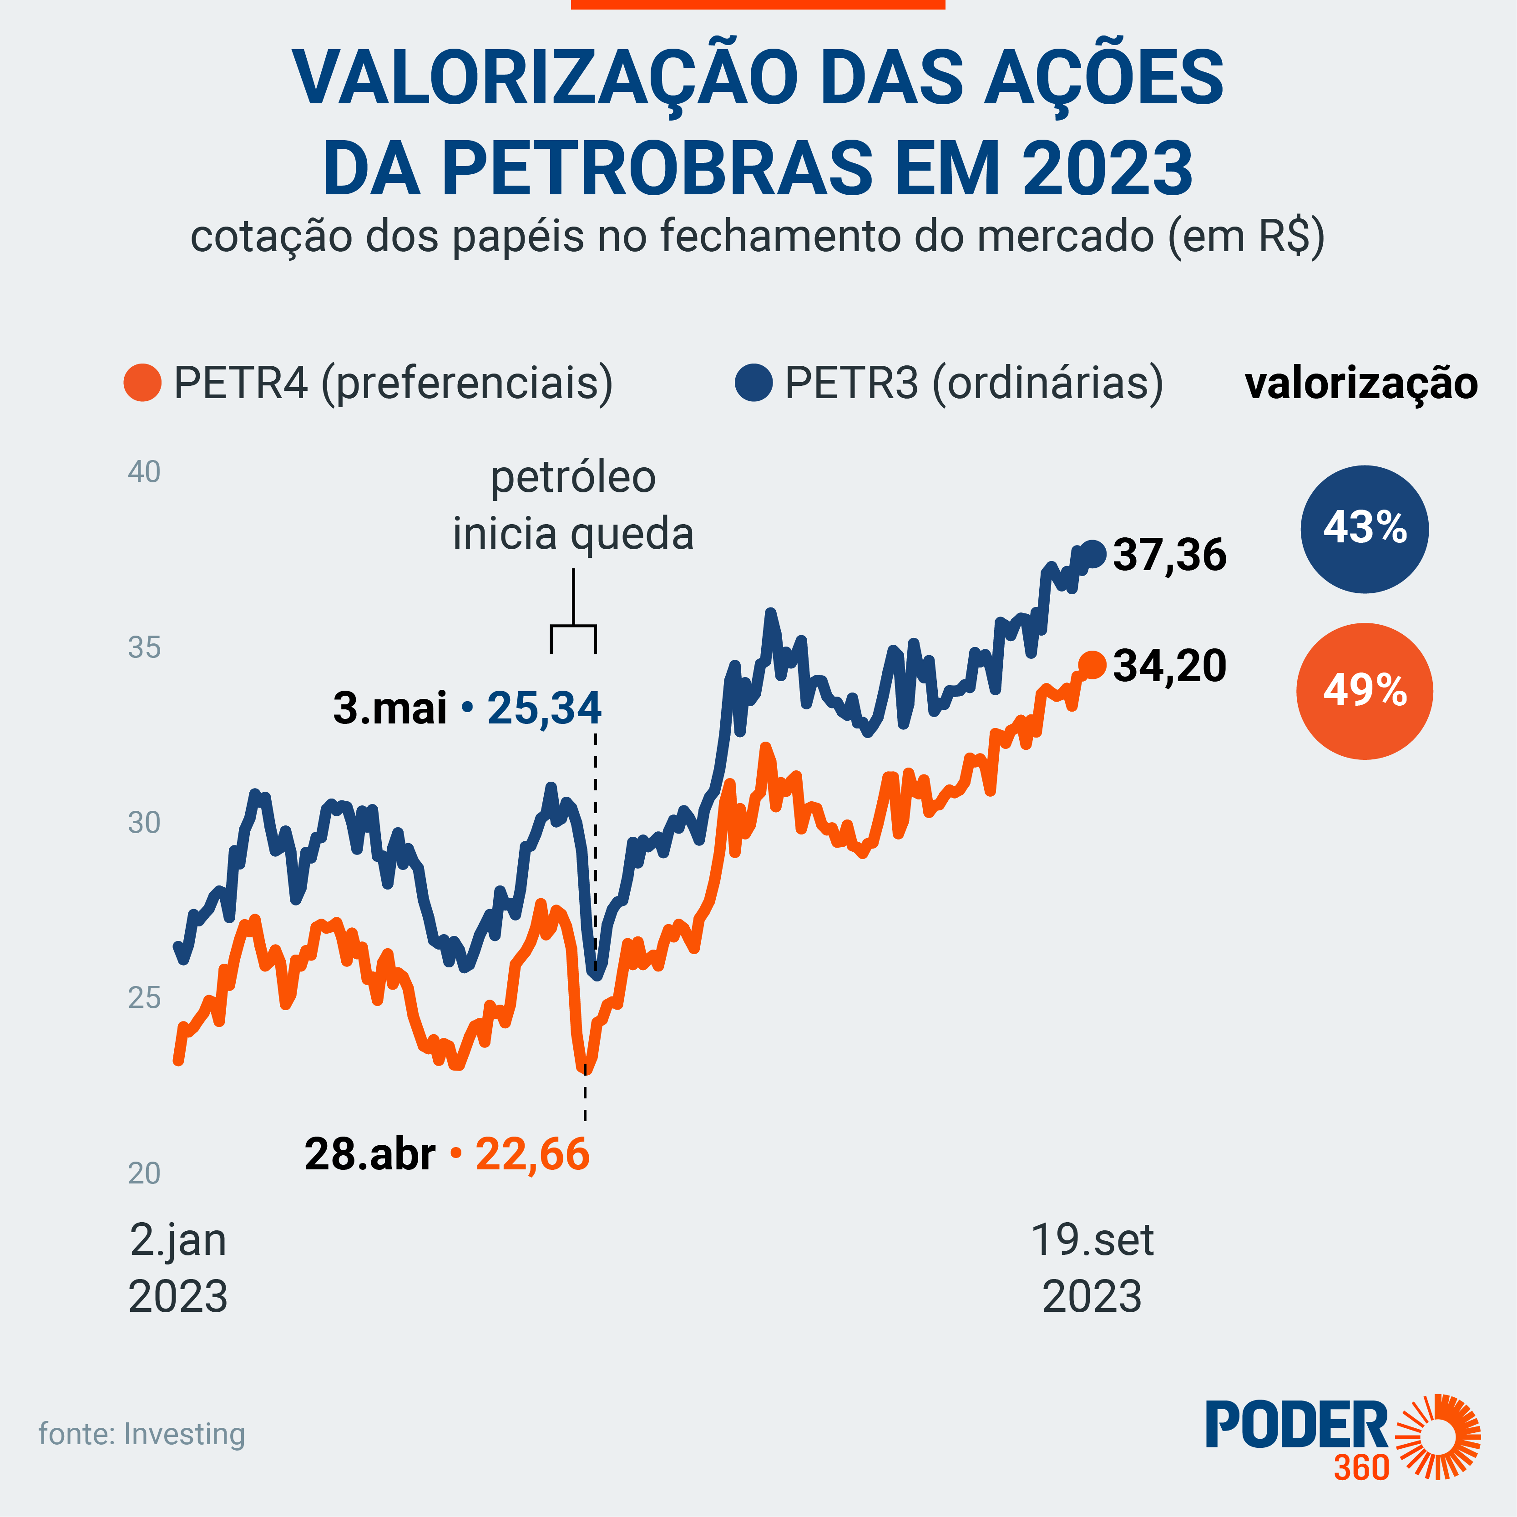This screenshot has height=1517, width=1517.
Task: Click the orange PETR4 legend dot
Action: (142, 383)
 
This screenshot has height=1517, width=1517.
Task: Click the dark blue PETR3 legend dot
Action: (754, 383)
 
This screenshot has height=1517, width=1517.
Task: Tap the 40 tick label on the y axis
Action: (145, 472)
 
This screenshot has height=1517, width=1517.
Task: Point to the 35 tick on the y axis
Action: (145, 648)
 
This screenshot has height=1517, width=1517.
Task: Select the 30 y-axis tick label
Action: (145, 823)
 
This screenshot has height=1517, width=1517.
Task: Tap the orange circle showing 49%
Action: (1365, 691)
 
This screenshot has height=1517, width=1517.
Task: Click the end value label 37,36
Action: (1170, 555)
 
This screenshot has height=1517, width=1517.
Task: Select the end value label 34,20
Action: (1170, 666)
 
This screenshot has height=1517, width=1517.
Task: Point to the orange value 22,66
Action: (532, 1154)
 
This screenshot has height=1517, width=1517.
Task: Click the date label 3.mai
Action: (390, 708)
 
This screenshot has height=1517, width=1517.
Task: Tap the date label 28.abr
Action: (370, 1154)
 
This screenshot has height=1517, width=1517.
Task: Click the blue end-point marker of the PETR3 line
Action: (1094, 554)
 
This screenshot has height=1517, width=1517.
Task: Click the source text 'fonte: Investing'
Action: (142, 1434)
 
